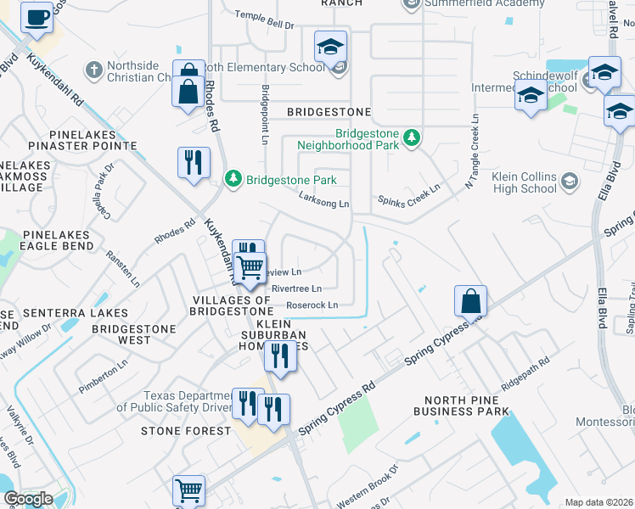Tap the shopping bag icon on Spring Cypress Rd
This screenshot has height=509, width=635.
(470, 301)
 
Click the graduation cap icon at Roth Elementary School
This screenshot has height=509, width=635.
(331, 48)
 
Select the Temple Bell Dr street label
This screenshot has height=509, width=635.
(264, 26)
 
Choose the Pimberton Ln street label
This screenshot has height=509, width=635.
(103, 372)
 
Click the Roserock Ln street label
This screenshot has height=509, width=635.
(312, 305)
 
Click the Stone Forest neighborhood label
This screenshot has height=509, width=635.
(185, 431)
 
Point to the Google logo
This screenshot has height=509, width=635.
(28, 499)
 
